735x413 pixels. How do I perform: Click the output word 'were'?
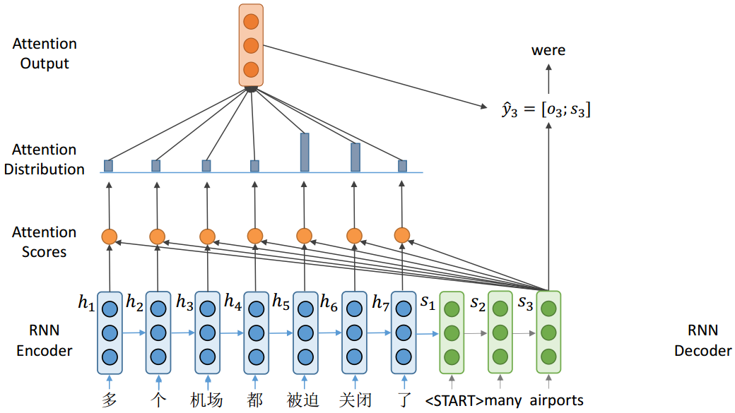(548, 50)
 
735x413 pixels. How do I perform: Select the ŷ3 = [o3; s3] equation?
(545, 109)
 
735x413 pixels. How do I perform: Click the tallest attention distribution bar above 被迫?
(304, 152)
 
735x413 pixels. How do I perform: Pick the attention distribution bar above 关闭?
(355, 157)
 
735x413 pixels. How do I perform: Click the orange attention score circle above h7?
(402, 235)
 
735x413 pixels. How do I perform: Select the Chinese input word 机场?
(206, 400)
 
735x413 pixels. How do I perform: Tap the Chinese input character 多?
(109, 400)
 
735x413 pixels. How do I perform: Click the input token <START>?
(454, 401)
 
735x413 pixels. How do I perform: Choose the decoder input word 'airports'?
(557, 400)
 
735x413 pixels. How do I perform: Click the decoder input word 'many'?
(503, 401)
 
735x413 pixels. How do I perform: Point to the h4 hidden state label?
(233, 301)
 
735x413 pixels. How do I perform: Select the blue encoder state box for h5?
(305, 332)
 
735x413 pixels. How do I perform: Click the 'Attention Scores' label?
(44, 241)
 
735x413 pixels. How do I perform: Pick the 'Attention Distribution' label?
(44, 160)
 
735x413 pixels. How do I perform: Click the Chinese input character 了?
(404, 400)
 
